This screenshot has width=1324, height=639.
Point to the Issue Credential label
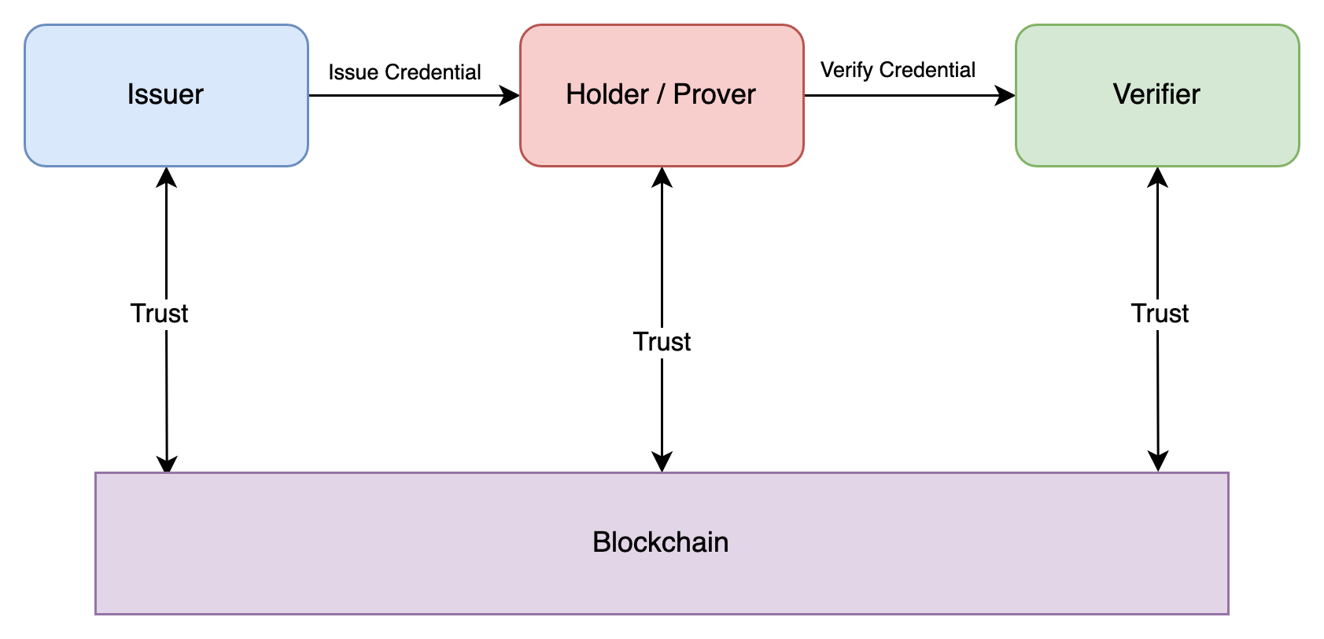pos(404,72)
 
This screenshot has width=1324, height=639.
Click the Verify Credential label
pos(898,70)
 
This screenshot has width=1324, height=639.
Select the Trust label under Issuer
pos(159,313)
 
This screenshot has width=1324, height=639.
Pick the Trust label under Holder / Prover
pos(662,341)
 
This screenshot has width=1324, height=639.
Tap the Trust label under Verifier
pos(1159,313)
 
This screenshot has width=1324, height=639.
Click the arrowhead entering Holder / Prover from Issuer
pos(511,96)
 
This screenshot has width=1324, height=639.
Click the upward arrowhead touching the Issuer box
pos(166,176)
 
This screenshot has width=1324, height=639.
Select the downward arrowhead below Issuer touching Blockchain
pos(167,463)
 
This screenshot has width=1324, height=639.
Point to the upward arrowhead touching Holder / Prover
pos(662,176)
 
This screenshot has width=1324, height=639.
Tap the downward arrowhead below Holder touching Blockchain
pos(662,462)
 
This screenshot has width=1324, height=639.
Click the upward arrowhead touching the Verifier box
pos(1157,176)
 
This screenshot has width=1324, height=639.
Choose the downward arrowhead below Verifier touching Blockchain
pos(1158,462)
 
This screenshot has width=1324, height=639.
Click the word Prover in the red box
pos(714,94)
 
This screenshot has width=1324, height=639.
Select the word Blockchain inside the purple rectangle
pos(660,542)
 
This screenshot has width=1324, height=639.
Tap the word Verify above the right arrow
pos(846,70)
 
